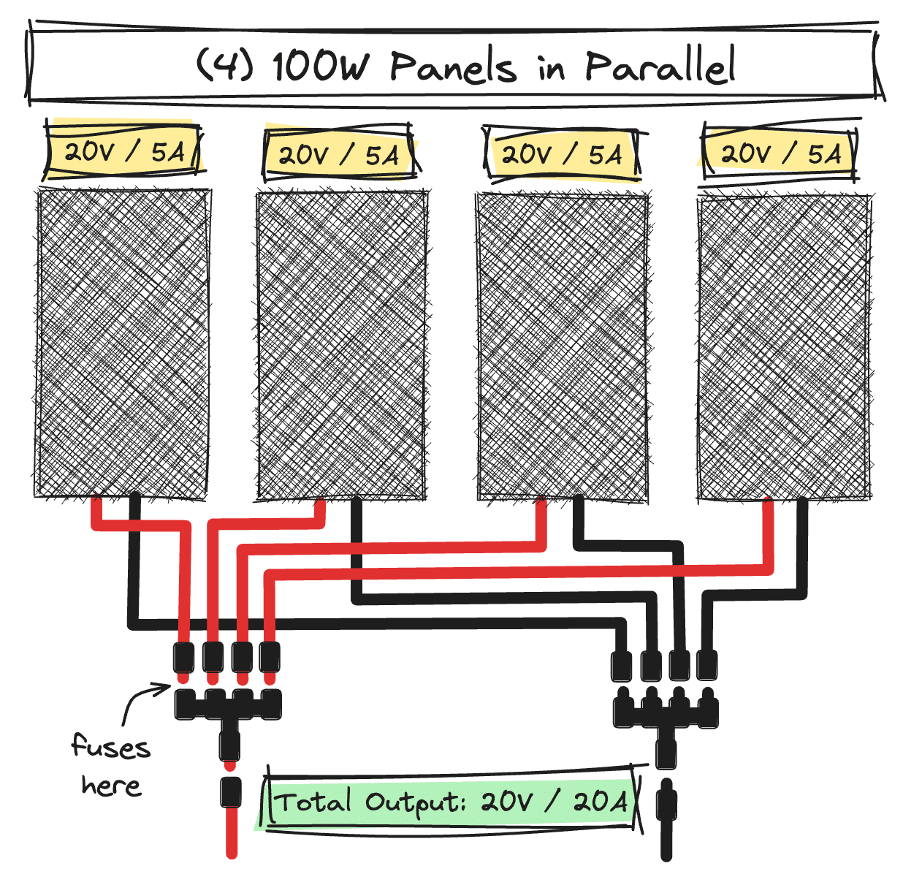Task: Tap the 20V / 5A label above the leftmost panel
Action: tap(123, 152)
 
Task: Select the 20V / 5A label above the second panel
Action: tap(338, 155)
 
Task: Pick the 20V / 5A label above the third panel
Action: tap(561, 155)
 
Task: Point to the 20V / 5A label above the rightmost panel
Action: tap(780, 153)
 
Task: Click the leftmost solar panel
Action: tap(123, 343)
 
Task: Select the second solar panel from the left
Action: tap(341, 345)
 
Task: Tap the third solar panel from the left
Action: tap(562, 346)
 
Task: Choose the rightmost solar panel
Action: tap(784, 348)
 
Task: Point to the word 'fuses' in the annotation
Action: tap(111, 746)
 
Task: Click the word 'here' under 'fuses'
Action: tap(111, 786)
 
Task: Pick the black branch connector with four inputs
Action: tap(665, 713)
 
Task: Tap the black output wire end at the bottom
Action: tap(666, 840)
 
